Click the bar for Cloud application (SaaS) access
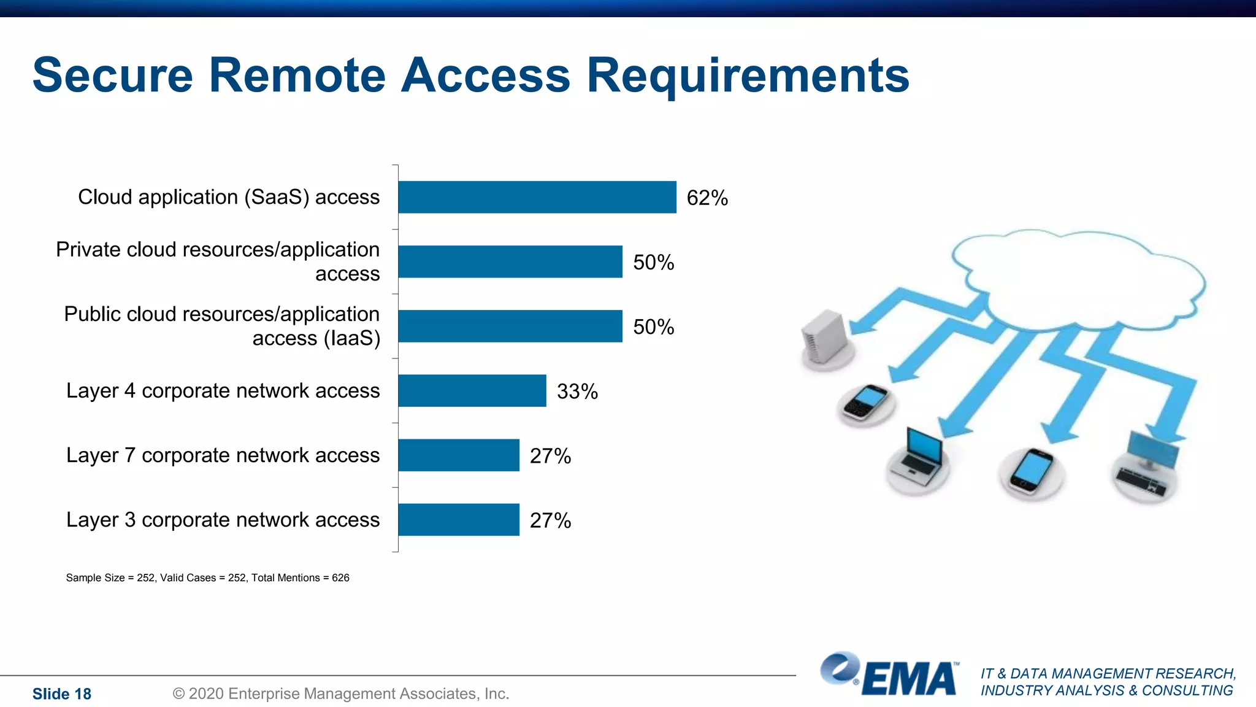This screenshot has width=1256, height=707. pyautogui.click(x=537, y=197)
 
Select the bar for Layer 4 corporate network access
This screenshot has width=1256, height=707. pyautogui.click(x=472, y=390)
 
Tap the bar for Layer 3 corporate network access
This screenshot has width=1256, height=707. pyautogui.click(x=458, y=519)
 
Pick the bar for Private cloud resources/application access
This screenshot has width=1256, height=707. pyautogui.click(x=510, y=261)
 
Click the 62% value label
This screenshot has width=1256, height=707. pyautogui.click(x=707, y=198)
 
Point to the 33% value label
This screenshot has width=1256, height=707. pyautogui.click(x=577, y=392)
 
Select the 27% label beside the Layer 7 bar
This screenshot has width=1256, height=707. pyautogui.click(x=550, y=456)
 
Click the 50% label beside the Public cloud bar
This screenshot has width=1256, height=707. pyautogui.click(x=653, y=327)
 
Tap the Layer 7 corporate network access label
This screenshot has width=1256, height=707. pyautogui.click(x=223, y=455)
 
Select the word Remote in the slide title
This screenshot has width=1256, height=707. pyautogui.click(x=297, y=75)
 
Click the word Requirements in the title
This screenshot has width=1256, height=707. pyautogui.click(x=748, y=75)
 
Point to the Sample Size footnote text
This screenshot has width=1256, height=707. pyautogui.click(x=207, y=578)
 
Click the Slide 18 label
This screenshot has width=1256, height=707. pyautogui.click(x=61, y=694)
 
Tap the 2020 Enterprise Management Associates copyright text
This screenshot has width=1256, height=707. pyautogui.click(x=341, y=694)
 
